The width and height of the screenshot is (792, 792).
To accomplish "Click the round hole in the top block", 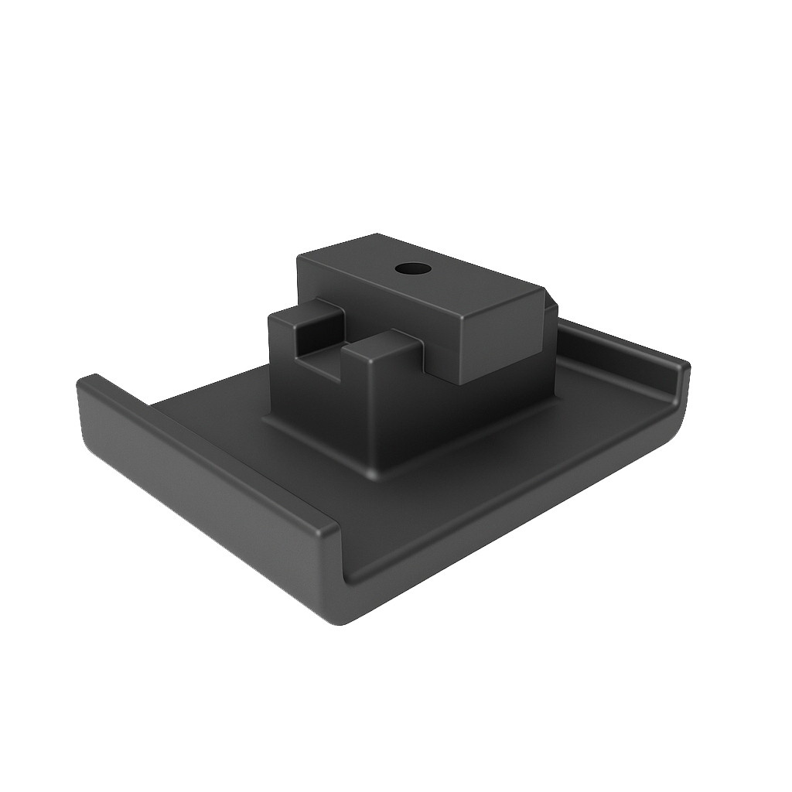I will point(412,269).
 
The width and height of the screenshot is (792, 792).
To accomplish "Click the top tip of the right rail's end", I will point(684,365).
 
